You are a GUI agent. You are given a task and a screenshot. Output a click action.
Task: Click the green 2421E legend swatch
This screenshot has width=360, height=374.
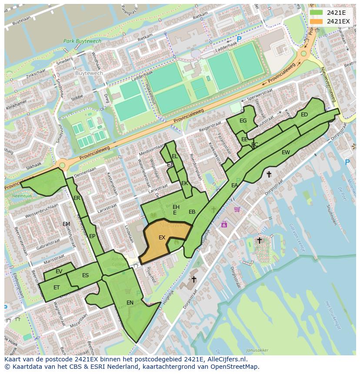[317, 13]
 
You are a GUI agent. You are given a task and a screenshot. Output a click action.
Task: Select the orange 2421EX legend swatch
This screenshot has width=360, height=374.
[317, 21]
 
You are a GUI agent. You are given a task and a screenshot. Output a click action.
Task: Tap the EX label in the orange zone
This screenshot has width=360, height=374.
[162, 238]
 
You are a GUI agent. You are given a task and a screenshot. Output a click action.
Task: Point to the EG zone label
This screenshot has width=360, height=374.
[243, 121]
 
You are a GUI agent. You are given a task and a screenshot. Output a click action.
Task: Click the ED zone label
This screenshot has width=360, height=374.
[304, 115]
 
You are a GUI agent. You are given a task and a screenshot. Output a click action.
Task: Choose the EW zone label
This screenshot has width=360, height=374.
[286, 152]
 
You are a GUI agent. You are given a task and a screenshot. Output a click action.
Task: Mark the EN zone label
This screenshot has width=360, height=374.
[130, 302]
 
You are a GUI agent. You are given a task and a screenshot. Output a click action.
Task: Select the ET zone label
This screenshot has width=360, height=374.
[57, 288]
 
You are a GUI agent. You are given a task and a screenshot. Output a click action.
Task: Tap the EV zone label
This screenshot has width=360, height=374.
[59, 271]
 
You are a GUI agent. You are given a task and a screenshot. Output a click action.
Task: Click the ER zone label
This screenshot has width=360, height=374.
[77, 198]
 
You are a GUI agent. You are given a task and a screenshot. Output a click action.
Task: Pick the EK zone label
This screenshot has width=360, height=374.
[184, 183]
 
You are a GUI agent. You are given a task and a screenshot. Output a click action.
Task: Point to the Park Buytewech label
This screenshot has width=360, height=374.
[82, 41]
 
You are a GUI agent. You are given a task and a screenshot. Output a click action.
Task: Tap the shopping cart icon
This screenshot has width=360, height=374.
[237, 209]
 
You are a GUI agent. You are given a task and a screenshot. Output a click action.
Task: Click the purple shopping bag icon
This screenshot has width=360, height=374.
[224, 224]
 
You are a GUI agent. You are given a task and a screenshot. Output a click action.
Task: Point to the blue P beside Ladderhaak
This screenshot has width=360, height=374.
[239, 39]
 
